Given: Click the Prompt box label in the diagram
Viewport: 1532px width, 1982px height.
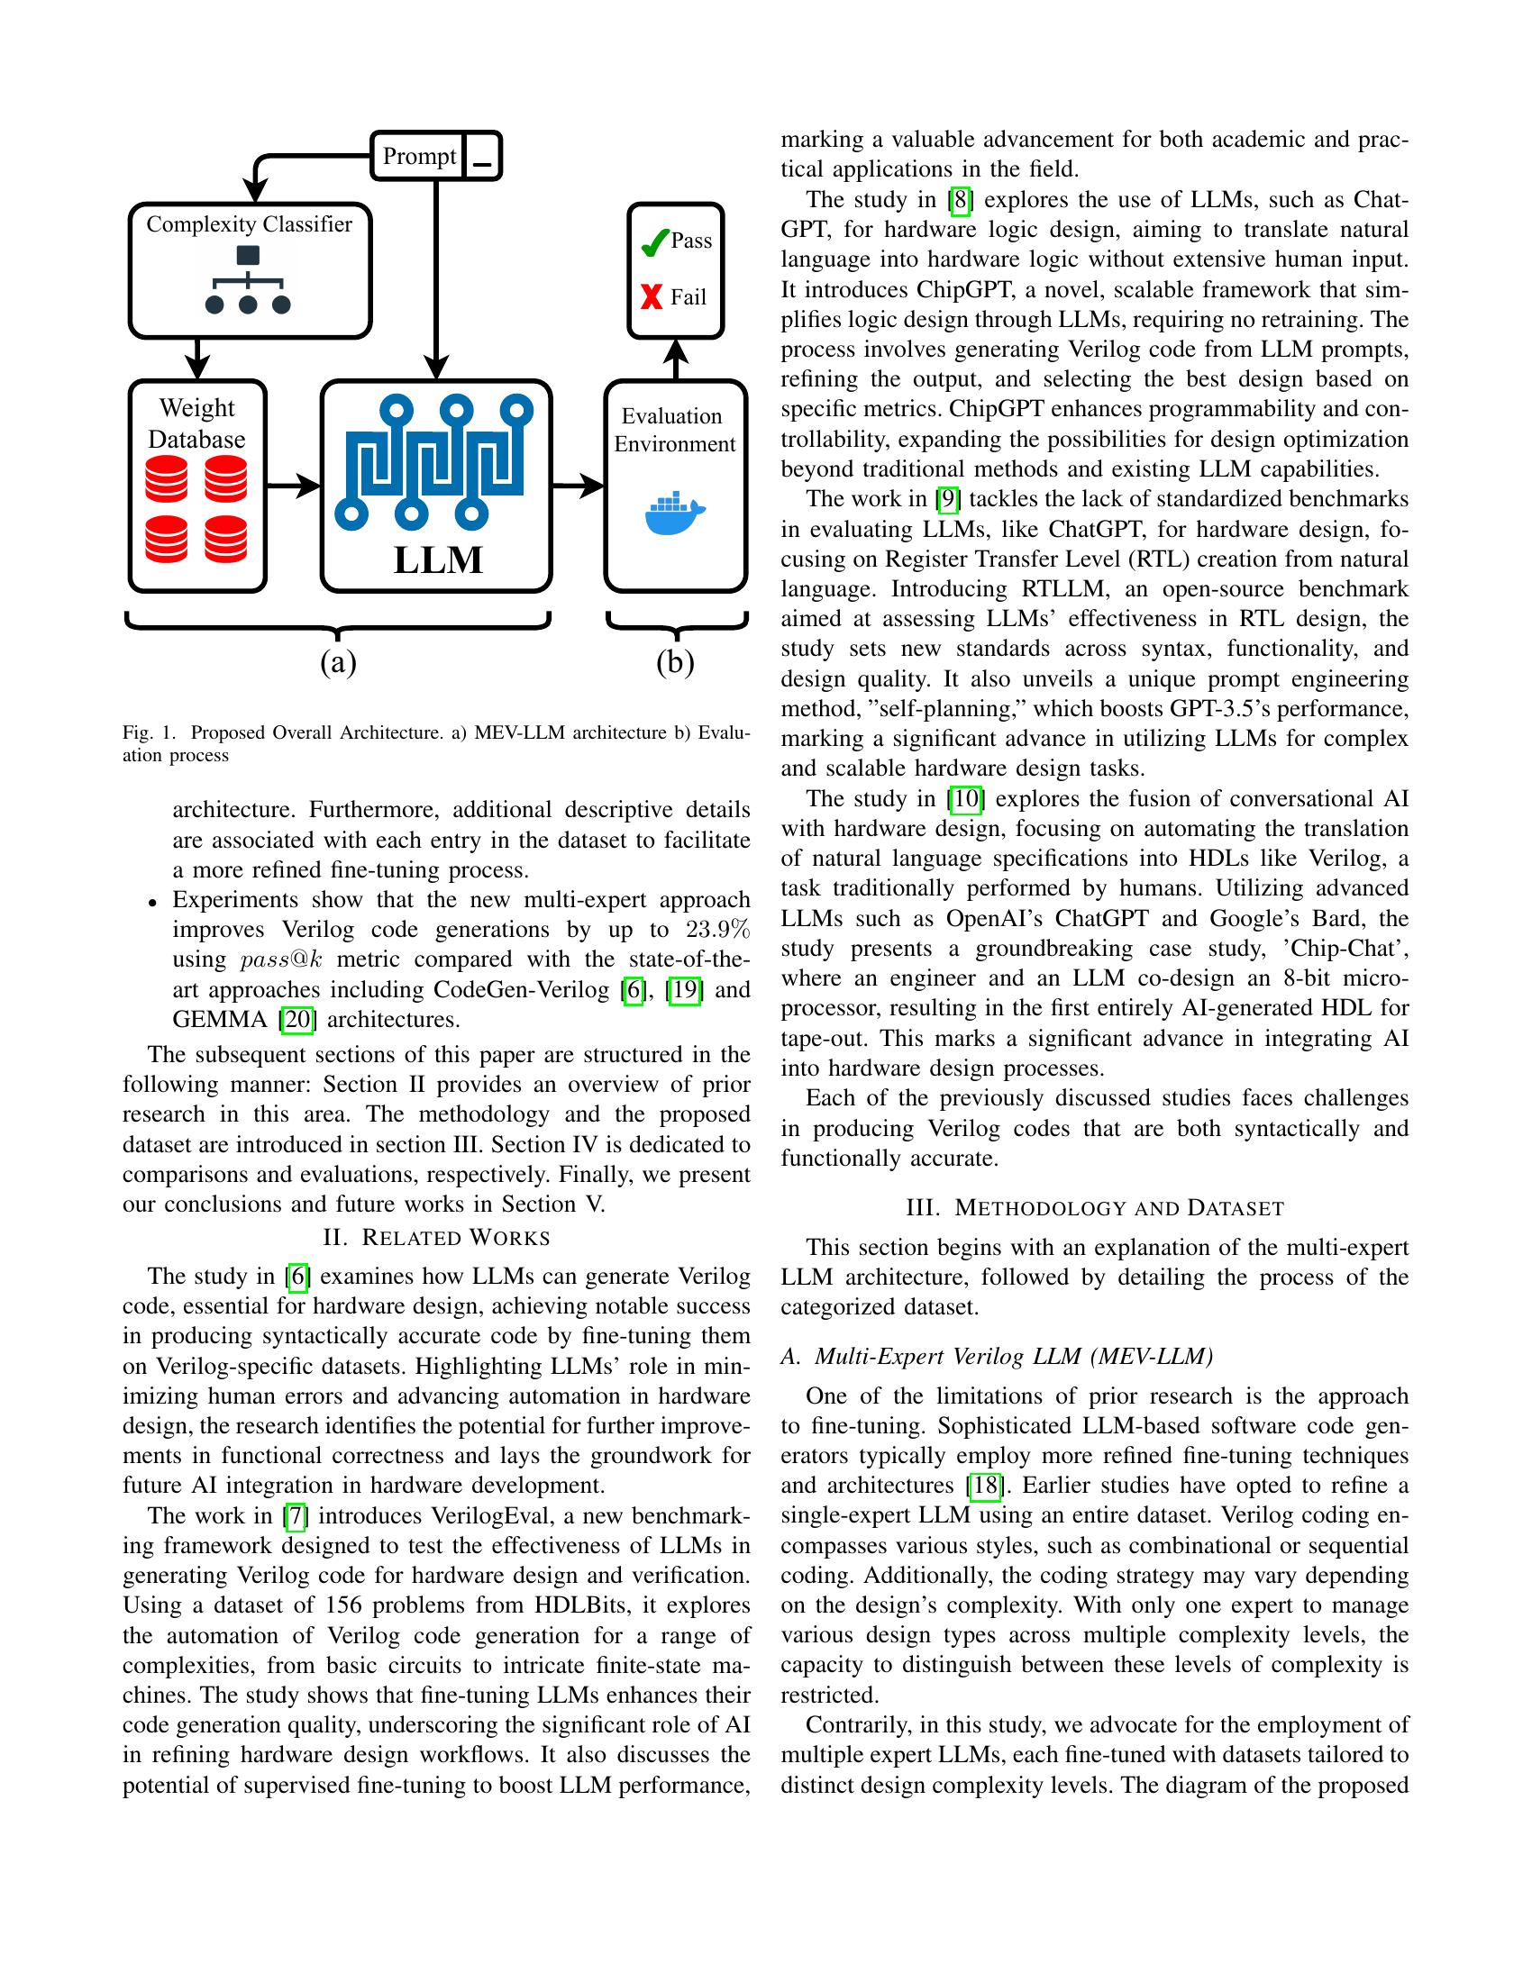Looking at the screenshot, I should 418,156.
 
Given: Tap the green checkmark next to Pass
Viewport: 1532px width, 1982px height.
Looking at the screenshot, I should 653,242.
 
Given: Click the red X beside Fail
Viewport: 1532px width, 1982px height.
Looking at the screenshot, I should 652,296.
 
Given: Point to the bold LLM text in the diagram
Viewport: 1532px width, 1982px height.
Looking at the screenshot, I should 437,559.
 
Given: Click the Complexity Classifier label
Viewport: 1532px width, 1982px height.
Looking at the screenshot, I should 249,224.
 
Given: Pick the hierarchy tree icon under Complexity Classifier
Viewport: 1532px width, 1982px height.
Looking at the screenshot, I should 248,280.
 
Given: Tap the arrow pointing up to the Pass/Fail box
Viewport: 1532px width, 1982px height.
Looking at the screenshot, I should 675,359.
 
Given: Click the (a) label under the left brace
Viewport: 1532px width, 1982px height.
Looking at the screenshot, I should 338,662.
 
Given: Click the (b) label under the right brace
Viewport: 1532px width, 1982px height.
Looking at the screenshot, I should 675,662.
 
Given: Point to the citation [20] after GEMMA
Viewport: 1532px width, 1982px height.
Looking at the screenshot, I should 296,1019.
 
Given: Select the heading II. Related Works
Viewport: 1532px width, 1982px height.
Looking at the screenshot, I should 436,1238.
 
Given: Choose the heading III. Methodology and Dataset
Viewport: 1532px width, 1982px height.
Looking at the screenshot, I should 1095,1208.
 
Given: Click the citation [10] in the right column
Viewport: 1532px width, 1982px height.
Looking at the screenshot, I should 965,798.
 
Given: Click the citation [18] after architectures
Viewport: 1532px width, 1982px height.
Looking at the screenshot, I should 985,1486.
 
